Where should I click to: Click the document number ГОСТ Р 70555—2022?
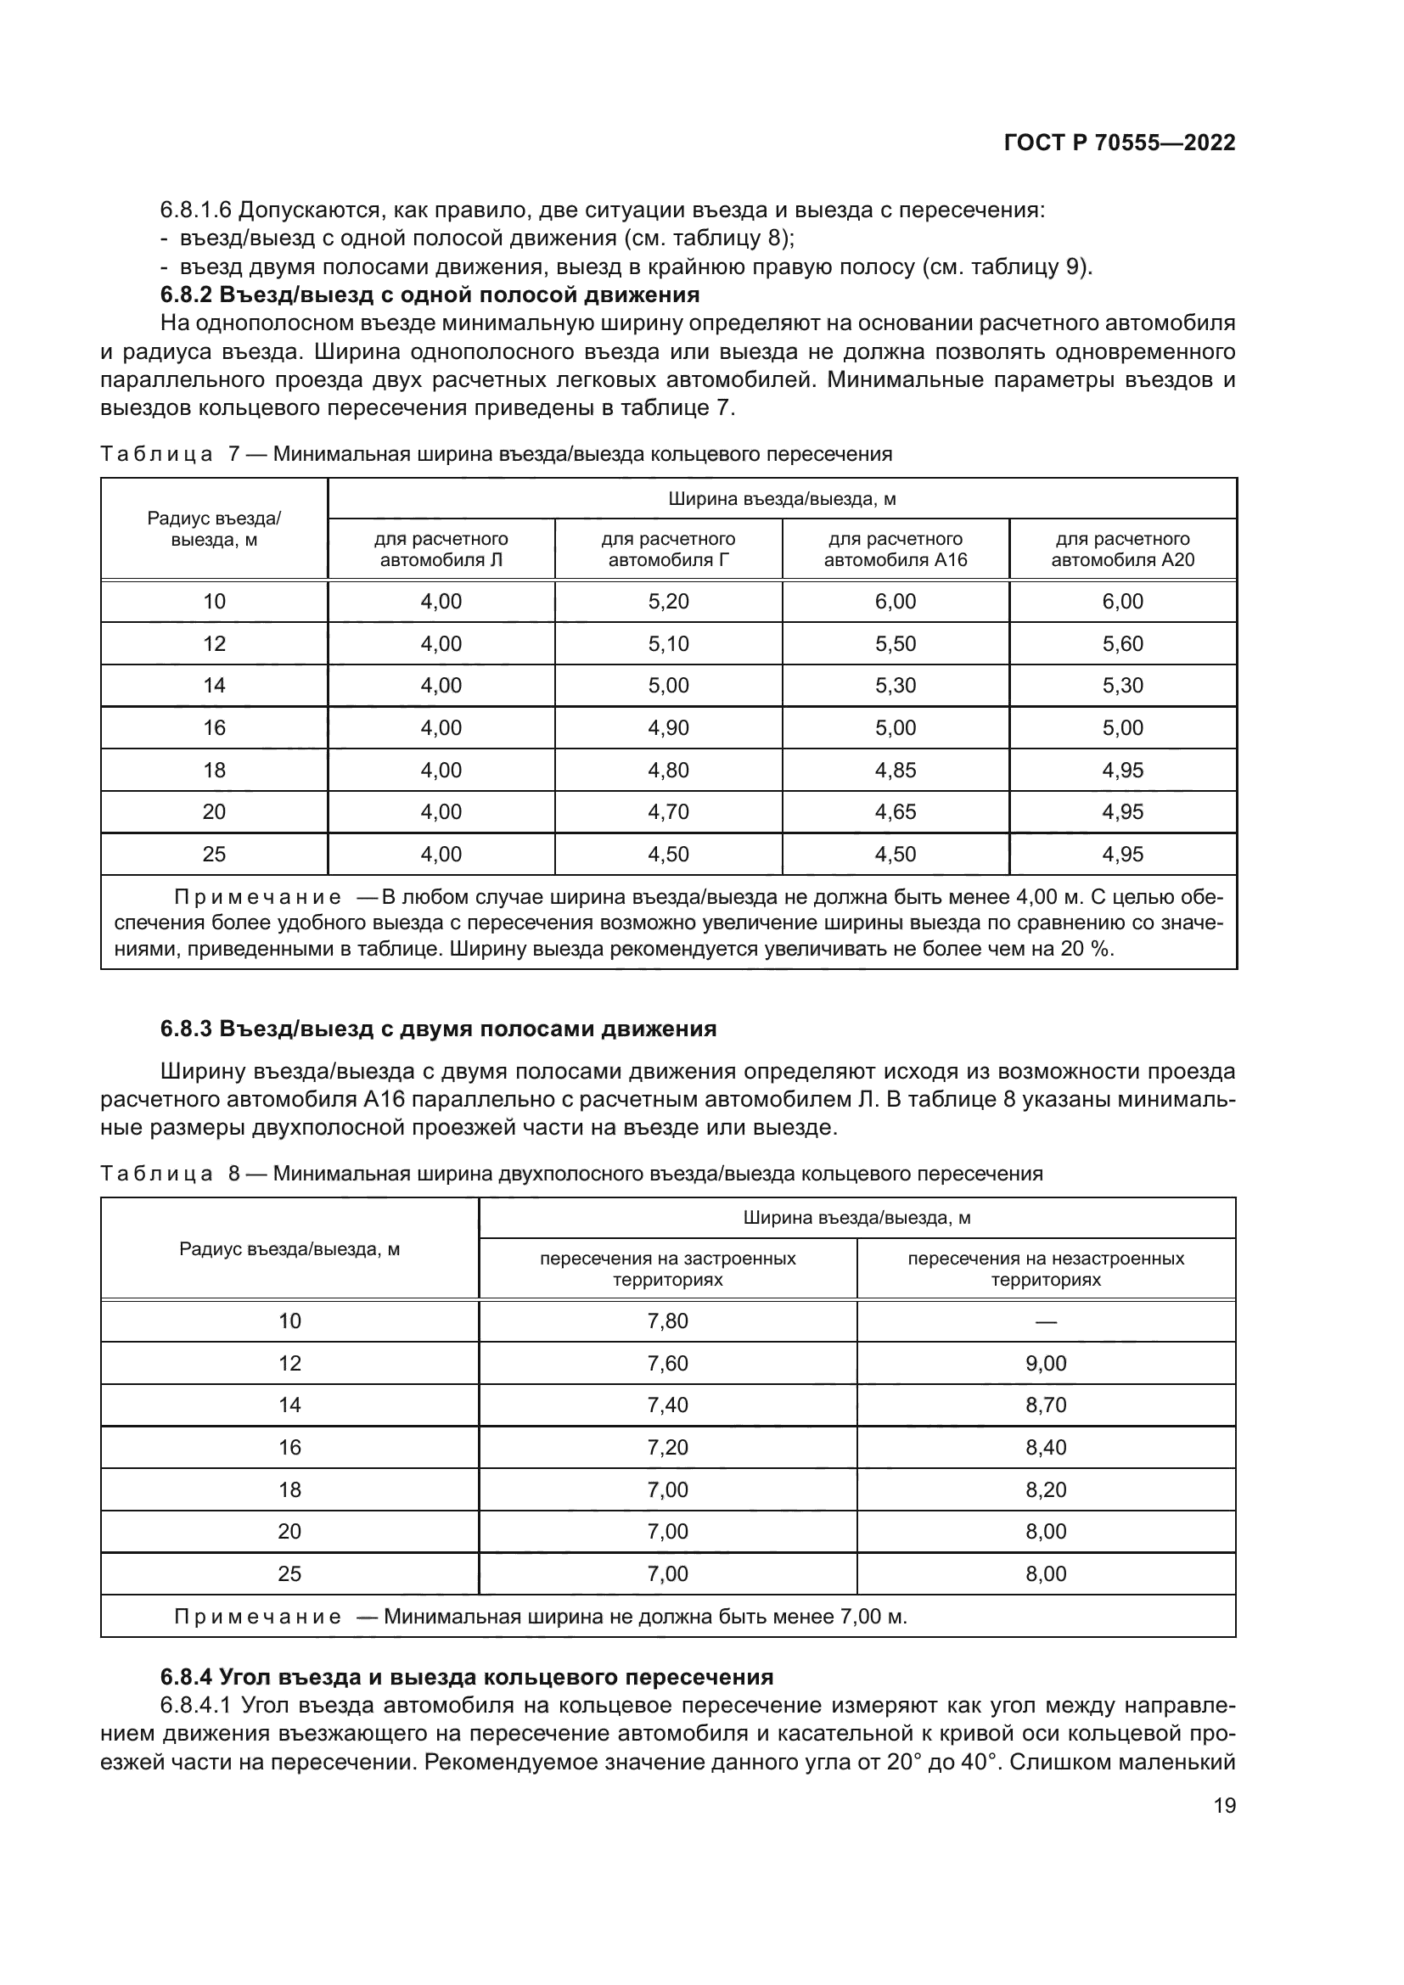pos(1120,143)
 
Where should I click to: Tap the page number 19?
pos(1224,1805)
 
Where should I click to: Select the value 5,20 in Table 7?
pos(668,602)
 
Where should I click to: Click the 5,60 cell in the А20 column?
pos(1122,644)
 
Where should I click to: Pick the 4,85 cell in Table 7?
pos(895,771)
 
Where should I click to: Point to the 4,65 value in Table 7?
pos(895,812)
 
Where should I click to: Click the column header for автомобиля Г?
pos(668,549)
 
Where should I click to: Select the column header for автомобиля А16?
pos(895,549)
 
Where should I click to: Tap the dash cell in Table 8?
pos(1045,1321)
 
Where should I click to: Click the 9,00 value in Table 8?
pos(1045,1364)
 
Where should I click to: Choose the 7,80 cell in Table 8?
pos(667,1321)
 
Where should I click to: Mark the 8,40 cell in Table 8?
pos(1045,1447)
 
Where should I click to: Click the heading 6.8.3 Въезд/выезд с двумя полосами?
pos(438,1029)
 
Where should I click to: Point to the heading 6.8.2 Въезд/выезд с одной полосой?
pos(430,294)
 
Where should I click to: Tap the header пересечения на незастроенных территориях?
pos(1045,1268)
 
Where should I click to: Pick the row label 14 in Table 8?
pos(289,1405)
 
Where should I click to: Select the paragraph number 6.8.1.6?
pos(194,210)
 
